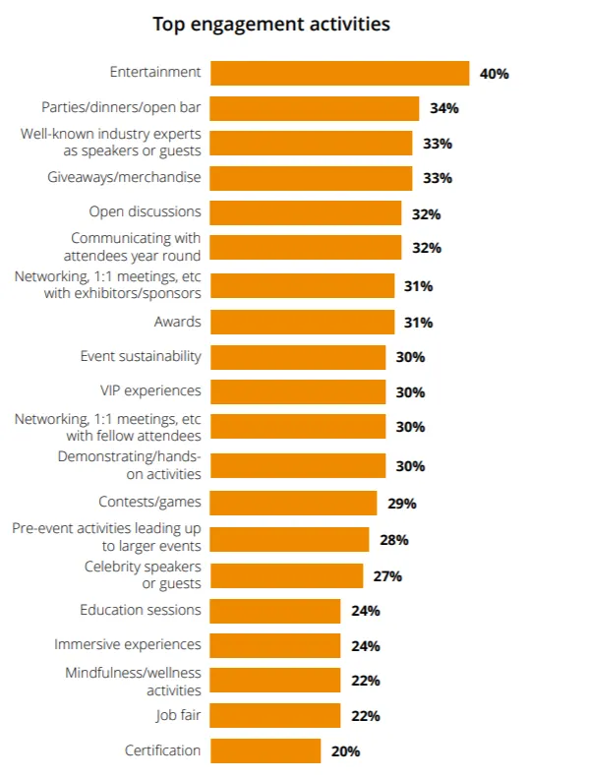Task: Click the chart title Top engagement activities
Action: [271, 24]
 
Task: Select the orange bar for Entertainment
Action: [339, 74]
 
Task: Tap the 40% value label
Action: [494, 74]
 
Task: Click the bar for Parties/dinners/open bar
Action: [315, 108]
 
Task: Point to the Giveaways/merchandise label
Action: [124, 177]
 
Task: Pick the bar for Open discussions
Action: [306, 213]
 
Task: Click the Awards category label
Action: [177, 322]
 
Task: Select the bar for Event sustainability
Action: [298, 357]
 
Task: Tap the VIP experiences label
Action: [150, 390]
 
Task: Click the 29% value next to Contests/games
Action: [401, 504]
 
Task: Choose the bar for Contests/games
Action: [293, 504]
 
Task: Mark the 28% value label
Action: [393, 540]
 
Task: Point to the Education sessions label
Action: [141, 610]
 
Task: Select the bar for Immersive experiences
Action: [275, 646]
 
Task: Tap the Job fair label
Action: [178, 715]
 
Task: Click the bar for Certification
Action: [265, 751]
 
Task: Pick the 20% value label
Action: [345, 751]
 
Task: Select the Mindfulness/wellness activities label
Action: [134, 681]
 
